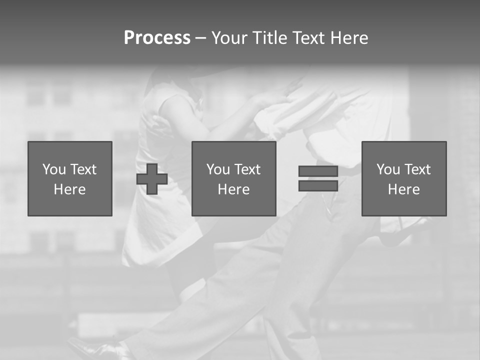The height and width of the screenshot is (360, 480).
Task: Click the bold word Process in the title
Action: (157, 38)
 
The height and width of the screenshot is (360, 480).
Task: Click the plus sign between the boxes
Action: (152, 179)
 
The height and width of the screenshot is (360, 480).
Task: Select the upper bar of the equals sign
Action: (318, 171)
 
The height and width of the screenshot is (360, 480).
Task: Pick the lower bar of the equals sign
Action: (318, 186)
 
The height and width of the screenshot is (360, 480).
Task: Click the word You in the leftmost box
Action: (53, 169)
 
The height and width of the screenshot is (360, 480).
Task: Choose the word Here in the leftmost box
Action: (69, 189)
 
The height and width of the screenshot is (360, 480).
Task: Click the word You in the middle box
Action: (217, 169)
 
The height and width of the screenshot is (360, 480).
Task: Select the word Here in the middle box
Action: (233, 189)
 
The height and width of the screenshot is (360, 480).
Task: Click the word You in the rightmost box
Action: (387, 169)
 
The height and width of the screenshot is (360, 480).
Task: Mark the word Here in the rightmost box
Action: (403, 189)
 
